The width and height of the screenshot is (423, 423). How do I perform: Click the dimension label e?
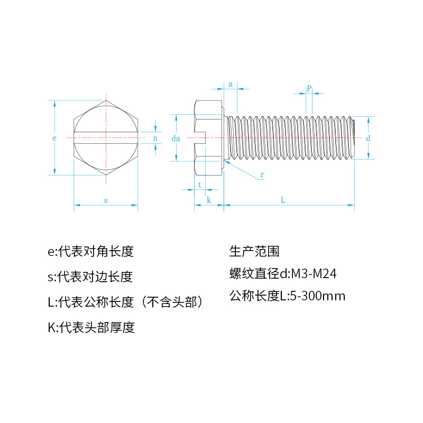(x=54, y=139)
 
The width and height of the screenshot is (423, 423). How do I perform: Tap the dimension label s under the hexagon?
(x=106, y=200)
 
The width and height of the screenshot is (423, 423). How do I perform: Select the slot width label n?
(x=155, y=139)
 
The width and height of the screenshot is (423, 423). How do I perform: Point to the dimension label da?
(x=177, y=139)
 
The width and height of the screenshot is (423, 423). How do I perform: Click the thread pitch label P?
(x=309, y=89)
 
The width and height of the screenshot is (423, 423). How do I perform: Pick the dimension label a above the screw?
(x=230, y=84)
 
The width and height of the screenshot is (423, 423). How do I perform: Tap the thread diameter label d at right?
(x=368, y=138)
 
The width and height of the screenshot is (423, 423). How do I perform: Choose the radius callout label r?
(x=262, y=174)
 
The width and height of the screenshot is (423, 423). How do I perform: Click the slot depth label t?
(x=200, y=185)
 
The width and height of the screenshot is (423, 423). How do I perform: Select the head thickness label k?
(x=209, y=200)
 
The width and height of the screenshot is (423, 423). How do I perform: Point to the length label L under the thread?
(x=283, y=200)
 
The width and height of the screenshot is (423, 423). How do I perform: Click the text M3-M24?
(x=315, y=274)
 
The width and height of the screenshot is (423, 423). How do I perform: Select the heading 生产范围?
(x=254, y=251)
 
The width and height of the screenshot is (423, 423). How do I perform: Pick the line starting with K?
(x=91, y=327)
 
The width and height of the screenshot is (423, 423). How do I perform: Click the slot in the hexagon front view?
(x=106, y=139)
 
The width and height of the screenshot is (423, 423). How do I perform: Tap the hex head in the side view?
(x=209, y=139)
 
